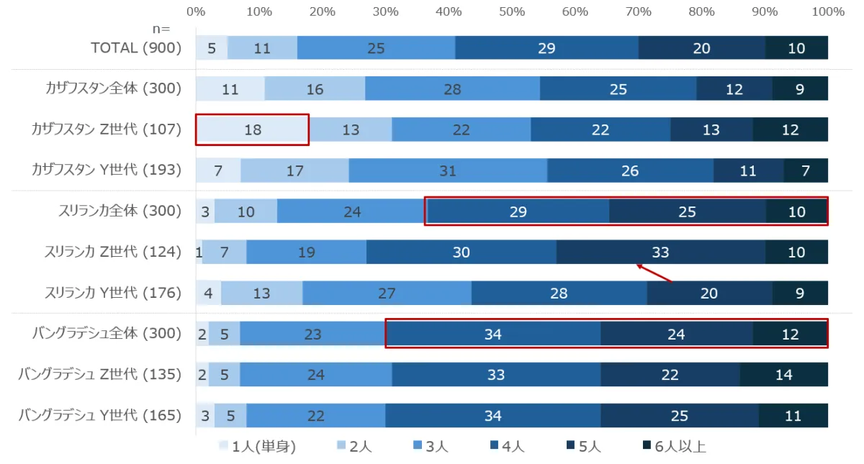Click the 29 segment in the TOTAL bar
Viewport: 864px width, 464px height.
(x=546, y=47)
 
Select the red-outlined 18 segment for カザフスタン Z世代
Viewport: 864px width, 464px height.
(x=252, y=129)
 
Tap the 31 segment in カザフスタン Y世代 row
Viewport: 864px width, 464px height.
(x=448, y=170)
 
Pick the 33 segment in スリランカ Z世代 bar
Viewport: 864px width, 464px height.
(x=661, y=252)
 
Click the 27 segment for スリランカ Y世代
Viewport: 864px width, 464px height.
(x=387, y=293)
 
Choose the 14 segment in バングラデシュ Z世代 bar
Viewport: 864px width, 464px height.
(x=784, y=374)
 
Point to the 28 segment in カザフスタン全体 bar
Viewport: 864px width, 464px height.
(x=452, y=88)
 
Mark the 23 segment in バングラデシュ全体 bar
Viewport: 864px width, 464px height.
(x=312, y=334)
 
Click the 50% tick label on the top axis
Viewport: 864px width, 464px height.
(x=512, y=12)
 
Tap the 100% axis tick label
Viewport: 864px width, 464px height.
(x=828, y=12)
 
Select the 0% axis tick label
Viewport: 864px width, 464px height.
(x=196, y=12)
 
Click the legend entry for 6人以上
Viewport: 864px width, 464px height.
(x=674, y=446)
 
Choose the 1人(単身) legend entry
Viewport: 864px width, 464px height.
(x=257, y=446)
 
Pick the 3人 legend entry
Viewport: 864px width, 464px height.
(x=431, y=446)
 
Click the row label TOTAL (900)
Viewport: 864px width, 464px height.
(x=136, y=47)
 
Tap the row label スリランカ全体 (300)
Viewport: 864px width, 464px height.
(x=120, y=211)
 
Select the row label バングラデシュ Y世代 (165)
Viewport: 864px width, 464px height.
(x=100, y=415)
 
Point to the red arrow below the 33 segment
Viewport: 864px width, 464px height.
(x=654, y=273)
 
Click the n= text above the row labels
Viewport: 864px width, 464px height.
(x=161, y=29)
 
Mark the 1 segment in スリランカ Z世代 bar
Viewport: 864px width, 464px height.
(x=199, y=252)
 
